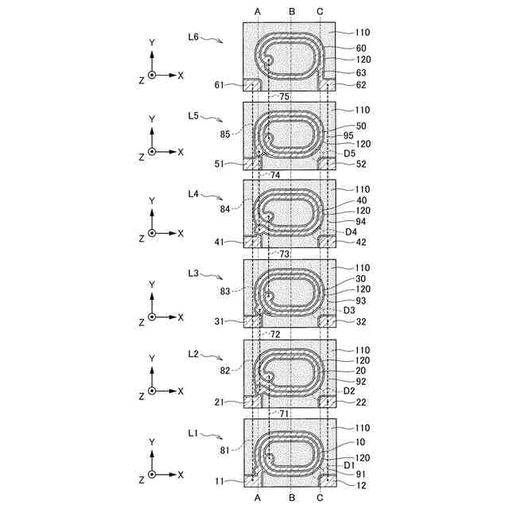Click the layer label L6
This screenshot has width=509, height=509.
[x=193, y=37]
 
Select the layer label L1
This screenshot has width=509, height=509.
[x=192, y=433]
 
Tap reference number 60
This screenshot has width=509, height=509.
[x=361, y=48]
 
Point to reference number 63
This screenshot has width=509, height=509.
[x=361, y=72]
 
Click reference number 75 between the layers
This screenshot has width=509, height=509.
[x=284, y=96]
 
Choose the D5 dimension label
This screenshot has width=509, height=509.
[x=350, y=153]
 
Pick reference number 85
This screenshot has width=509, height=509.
[x=225, y=134]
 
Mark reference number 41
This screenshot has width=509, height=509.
[x=220, y=242]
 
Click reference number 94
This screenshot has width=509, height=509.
[x=361, y=221]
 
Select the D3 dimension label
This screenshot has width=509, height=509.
[x=349, y=310]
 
